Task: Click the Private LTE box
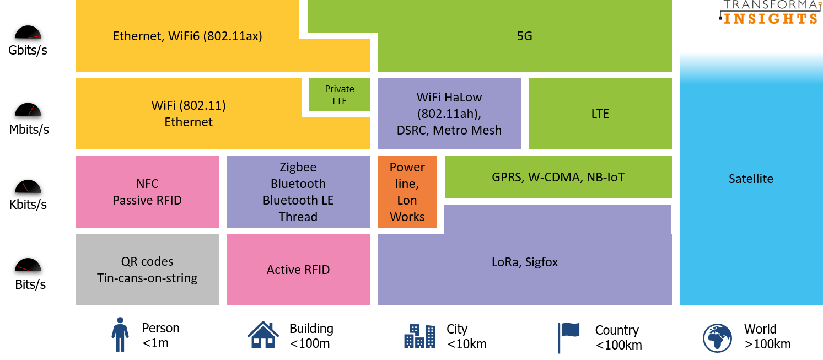point(339,94)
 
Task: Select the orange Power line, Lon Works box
point(407,192)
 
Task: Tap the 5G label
point(524,36)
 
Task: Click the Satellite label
point(751,179)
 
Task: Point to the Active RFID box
point(298,270)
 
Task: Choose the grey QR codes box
point(147,270)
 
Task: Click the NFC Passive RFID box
point(147,192)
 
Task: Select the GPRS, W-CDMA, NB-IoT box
point(558,177)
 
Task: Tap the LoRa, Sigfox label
point(524,262)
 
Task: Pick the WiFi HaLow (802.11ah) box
point(449,114)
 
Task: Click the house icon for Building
point(263,335)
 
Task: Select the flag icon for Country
point(568,336)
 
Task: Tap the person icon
point(120,334)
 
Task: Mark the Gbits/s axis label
point(28,50)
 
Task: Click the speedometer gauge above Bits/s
point(28,266)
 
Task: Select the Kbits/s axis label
point(28,205)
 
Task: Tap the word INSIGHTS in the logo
point(771,18)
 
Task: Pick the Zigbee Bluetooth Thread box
point(298,192)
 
